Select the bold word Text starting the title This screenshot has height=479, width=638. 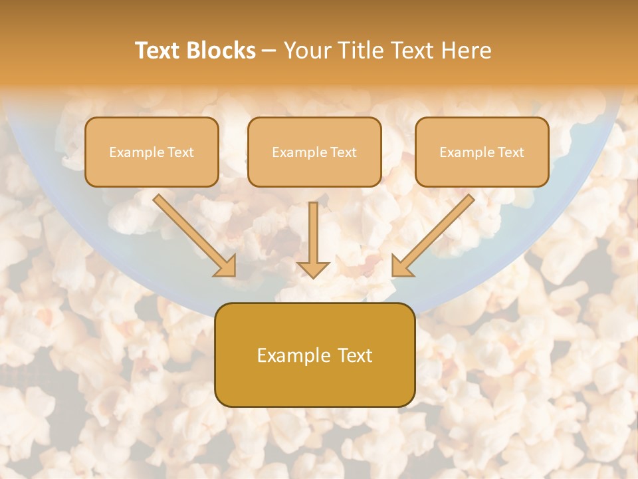160,51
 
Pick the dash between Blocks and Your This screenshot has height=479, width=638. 269,51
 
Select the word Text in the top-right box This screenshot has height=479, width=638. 510,152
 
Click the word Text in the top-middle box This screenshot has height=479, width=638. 343,152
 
